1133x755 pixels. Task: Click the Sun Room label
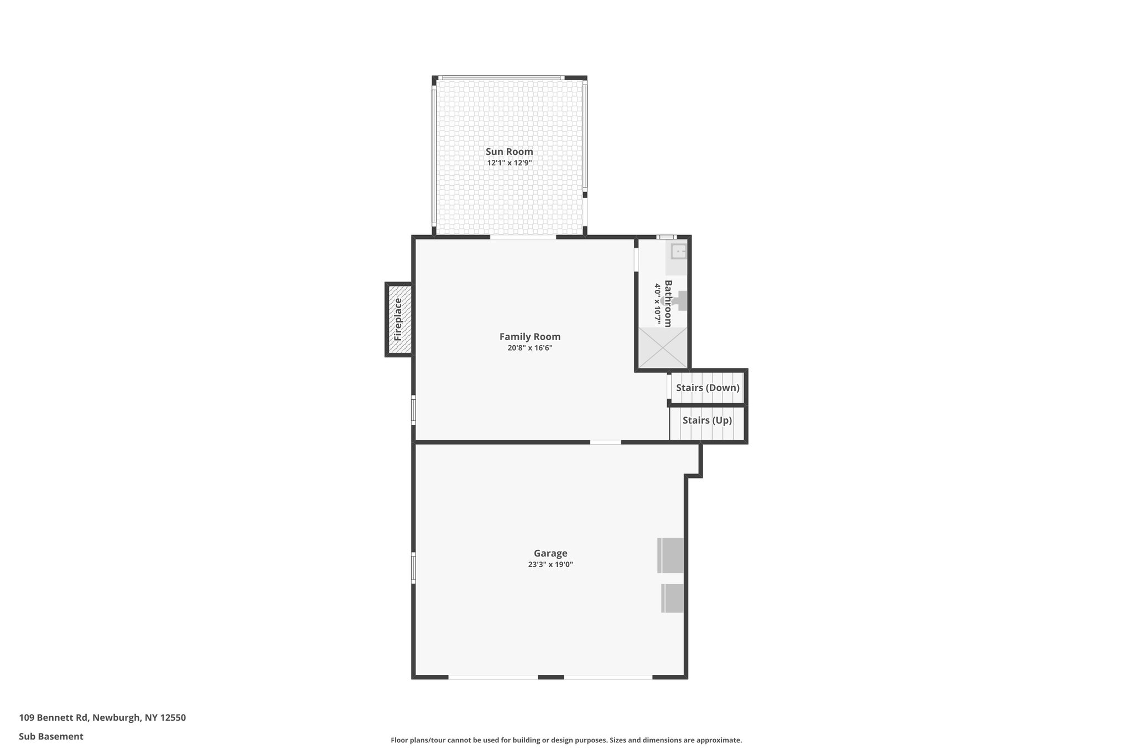[509, 152]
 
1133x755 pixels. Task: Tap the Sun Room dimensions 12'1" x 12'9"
[509, 163]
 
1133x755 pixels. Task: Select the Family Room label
[529, 336]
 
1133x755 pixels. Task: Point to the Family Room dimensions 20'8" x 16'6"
[529, 348]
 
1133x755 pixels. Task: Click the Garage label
[550, 553]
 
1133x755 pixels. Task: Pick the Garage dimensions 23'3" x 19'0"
[550, 565]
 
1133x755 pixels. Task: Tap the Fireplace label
[398, 319]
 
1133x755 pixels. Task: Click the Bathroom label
[668, 303]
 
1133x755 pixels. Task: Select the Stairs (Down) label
[707, 388]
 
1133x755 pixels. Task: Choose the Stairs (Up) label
[706, 420]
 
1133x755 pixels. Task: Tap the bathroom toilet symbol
[677, 301]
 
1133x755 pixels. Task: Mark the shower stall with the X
[662, 347]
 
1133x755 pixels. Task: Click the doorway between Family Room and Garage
[605, 442]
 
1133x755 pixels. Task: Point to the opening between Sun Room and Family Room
[522, 237]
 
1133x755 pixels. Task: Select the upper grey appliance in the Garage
[671, 555]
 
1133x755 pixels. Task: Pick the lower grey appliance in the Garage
[672, 598]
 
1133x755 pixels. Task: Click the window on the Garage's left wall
[413, 567]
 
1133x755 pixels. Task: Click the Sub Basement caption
[51, 736]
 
